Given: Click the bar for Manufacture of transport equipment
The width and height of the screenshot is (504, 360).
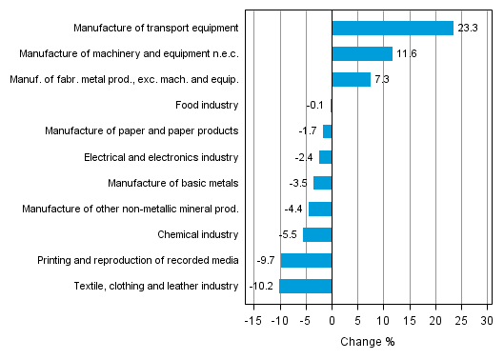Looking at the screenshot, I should pyautogui.click(x=392, y=28).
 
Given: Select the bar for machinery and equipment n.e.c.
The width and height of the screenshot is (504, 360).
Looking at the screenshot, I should pyautogui.click(x=362, y=53).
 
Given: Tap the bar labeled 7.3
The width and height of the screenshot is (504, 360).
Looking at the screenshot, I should pyautogui.click(x=351, y=79).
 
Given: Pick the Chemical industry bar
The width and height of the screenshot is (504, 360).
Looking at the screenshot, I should pyautogui.click(x=317, y=234).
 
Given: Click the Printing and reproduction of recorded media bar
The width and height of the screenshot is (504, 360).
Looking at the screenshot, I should pyautogui.click(x=306, y=260).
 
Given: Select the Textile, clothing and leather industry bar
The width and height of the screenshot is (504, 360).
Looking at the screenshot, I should pyautogui.click(x=305, y=286).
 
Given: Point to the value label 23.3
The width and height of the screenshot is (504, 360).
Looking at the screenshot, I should pyautogui.click(x=467, y=29).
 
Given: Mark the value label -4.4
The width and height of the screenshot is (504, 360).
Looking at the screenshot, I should pyautogui.click(x=292, y=209).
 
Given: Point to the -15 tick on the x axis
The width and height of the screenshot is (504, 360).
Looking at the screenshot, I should pyautogui.click(x=253, y=321).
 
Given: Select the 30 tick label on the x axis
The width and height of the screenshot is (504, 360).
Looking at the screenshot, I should pyautogui.click(x=487, y=321).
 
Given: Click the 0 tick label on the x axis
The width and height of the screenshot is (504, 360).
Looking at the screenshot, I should pyautogui.click(x=332, y=321).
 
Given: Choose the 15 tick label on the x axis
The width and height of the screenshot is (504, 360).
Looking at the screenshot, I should pyautogui.click(x=410, y=321).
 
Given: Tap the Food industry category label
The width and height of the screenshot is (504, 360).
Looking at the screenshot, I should pyautogui.click(x=208, y=105).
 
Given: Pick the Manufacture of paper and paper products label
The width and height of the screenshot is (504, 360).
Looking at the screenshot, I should pyautogui.click(x=142, y=130).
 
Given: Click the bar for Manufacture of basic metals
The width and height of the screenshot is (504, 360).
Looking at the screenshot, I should pyautogui.click(x=322, y=183).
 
